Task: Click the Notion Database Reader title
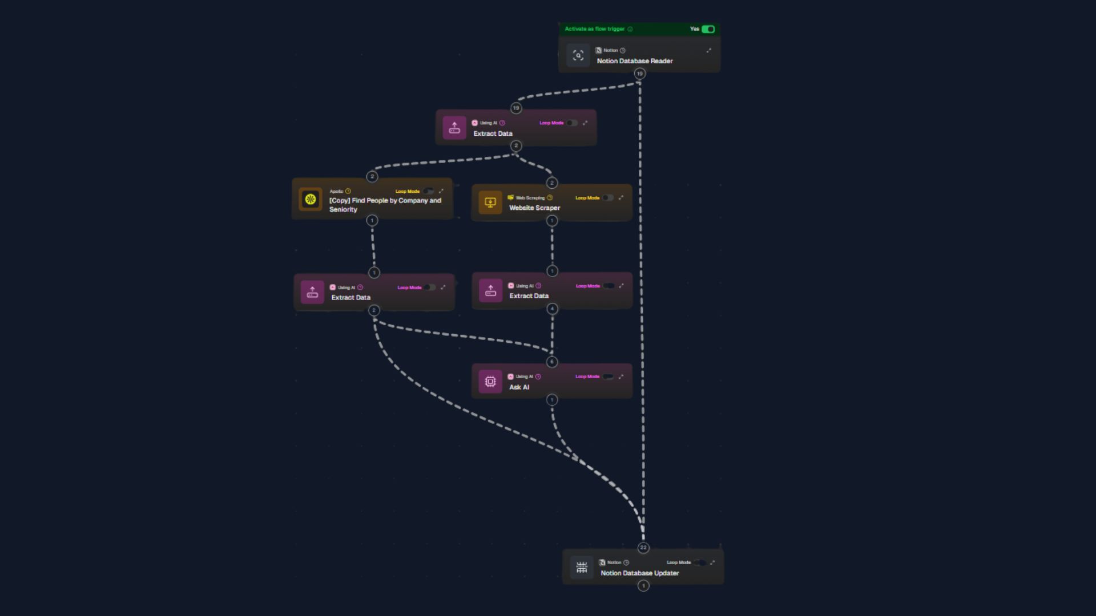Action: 634,61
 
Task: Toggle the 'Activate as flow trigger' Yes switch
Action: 708,29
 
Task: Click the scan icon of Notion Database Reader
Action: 578,56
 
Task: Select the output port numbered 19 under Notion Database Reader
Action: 639,74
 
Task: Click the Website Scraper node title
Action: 534,208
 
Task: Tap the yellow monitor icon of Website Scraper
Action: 490,202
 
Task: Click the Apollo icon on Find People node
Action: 310,200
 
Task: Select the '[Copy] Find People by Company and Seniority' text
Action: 385,205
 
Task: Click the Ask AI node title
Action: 519,387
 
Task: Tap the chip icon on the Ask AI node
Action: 490,382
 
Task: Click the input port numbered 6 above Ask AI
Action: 551,362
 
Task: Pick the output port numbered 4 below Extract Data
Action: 552,309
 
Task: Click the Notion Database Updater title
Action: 639,573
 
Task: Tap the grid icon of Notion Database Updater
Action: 581,568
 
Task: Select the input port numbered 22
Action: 643,548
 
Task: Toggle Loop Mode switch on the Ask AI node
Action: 608,376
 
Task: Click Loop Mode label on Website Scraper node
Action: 587,198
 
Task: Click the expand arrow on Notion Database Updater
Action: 712,562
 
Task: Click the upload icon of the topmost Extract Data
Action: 454,128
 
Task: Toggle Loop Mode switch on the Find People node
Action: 428,192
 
